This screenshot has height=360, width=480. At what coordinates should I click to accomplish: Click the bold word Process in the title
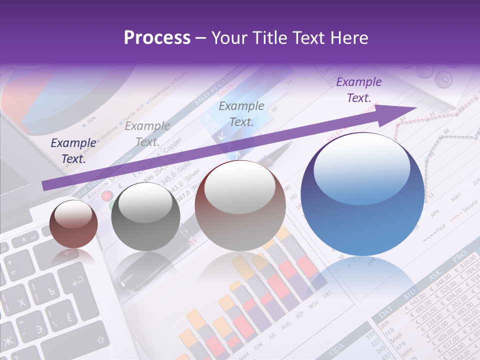coord(157,38)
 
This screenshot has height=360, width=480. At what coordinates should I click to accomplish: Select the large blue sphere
coord(362,194)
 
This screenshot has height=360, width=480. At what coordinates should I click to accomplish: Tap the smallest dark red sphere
coord(73,224)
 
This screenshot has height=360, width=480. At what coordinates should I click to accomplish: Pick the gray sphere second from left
coord(145,216)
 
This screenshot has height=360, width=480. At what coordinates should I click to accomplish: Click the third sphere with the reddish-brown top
coord(240,205)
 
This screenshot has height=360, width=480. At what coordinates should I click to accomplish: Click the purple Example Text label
coord(359,90)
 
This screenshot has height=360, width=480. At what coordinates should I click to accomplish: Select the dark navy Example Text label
coord(73,151)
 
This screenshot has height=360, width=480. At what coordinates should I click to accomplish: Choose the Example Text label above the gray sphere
coord(147,134)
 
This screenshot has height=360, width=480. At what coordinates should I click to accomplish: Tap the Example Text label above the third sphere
coord(241,113)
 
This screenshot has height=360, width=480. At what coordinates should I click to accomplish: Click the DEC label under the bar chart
coord(327,295)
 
